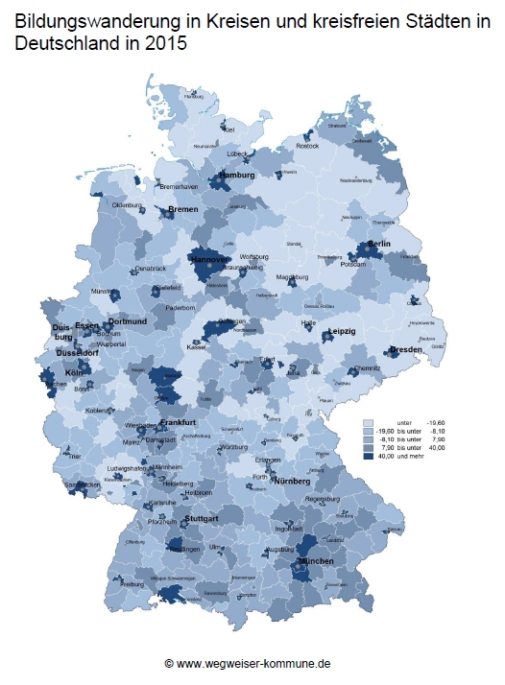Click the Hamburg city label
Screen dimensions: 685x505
coord(237,177)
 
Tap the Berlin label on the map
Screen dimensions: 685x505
coord(378,245)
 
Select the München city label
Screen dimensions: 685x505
coord(316,559)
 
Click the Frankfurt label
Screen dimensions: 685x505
coord(178,423)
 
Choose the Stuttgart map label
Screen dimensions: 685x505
coord(201,518)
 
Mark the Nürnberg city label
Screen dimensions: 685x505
coord(291,481)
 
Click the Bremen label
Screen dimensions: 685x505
coord(182,209)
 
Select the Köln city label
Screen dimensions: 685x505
coord(75,371)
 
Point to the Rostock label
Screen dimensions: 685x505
coord(307,146)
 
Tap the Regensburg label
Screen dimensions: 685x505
coord(322,499)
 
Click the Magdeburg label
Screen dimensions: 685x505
coord(291,277)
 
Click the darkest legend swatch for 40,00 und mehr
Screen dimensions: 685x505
coord(369,457)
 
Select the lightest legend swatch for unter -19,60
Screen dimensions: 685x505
coord(369,422)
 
